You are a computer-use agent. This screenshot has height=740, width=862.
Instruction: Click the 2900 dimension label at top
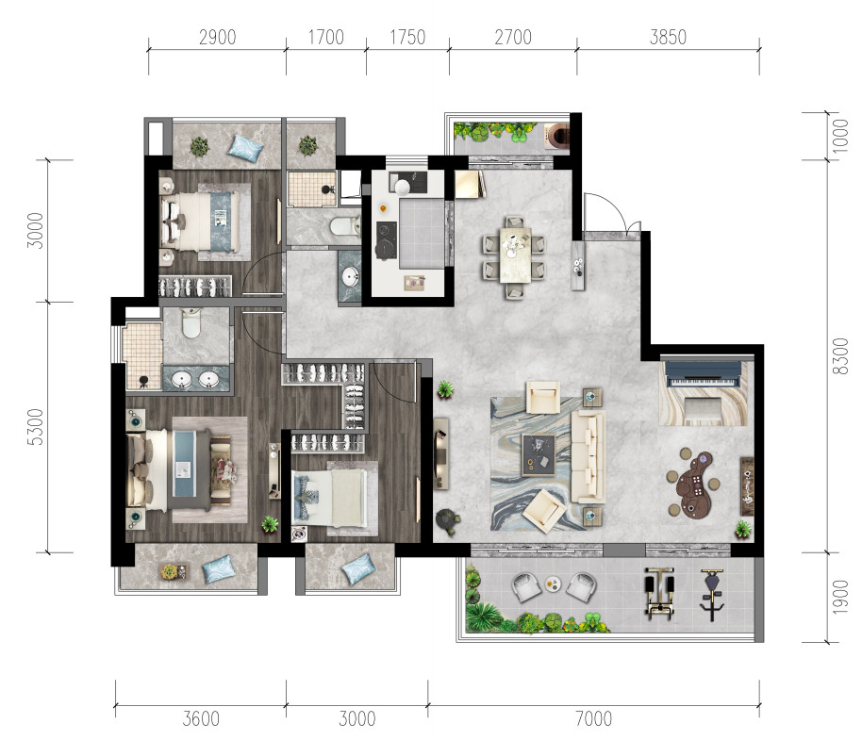pos(217,38)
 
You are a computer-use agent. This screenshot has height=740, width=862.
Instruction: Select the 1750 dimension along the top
pos(407,38)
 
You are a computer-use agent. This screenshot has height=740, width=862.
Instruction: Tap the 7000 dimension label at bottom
pos(593,718)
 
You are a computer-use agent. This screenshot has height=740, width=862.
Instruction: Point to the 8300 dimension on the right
pos(840,356)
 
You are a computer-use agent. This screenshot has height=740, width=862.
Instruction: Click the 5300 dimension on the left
pos(35,427)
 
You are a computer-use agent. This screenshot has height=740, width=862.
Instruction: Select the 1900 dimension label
pos(840,597)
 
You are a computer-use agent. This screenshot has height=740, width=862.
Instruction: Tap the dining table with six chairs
pos(515,255)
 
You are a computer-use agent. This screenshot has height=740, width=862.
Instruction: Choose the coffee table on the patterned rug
pos(539,454)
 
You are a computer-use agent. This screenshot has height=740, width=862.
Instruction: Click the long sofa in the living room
pos(588,456)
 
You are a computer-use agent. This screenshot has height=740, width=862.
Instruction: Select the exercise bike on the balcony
pos(711,595)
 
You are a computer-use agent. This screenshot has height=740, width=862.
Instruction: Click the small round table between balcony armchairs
pos(553,584)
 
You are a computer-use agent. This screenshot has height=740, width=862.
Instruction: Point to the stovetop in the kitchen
pos(386,239)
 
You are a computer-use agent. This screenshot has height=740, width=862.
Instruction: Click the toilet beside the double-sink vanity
pos(191,323)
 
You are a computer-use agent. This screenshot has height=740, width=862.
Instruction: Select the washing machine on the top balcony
pos(556,137)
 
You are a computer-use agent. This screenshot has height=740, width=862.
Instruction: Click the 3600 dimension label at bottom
pos(201,718)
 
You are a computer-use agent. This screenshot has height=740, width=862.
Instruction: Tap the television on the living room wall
pos(440,453)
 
